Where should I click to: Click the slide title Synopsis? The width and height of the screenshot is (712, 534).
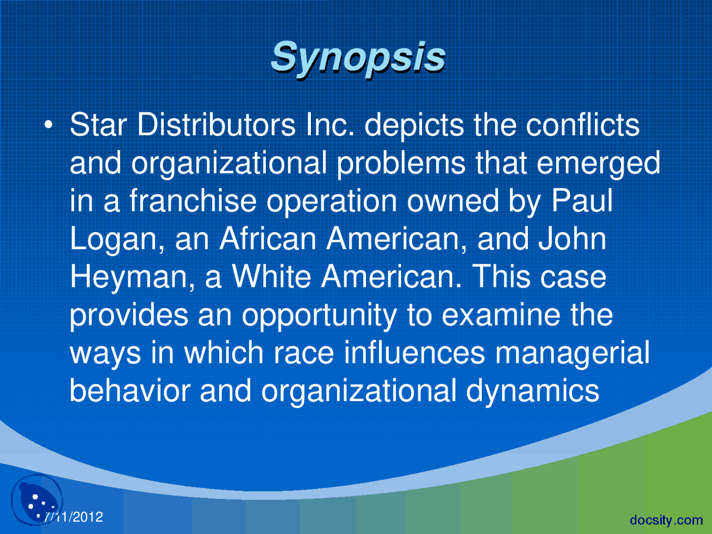358,57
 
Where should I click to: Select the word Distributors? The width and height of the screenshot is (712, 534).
216,125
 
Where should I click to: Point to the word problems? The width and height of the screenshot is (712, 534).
401,163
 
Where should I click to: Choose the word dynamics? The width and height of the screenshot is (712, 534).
532,391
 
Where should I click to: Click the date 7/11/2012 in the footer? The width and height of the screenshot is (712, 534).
73,517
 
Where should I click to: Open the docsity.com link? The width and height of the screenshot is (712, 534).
666,520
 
